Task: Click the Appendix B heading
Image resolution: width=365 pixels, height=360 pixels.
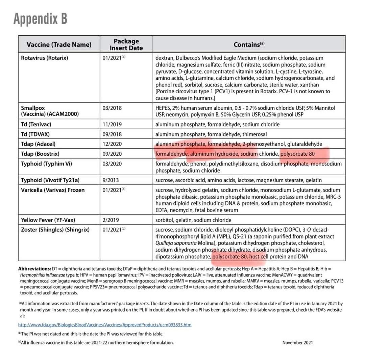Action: click(x=41, y=19)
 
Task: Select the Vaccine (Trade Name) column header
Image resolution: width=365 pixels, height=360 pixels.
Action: click(x=59, y=45)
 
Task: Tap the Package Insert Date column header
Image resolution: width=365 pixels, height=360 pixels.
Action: click(x=126, y=45)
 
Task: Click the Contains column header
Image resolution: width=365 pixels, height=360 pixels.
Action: click(x=249, y=45)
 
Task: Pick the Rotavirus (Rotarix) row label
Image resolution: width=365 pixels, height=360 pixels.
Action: click(x=44, y=58)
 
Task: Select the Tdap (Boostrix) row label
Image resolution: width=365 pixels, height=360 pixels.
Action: click(x=40, y=154)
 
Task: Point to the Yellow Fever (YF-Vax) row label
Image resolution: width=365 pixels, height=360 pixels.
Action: click(x=48, y=220)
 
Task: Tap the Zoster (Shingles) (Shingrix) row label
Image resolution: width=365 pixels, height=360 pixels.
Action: click(x=55, y=230)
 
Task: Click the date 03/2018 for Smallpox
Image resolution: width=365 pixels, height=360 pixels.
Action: click(x=112, y=108)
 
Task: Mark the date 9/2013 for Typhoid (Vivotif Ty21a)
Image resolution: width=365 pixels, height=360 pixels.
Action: click(x=111, y=180)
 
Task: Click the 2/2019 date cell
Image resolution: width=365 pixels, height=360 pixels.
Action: click(x=111, y=220)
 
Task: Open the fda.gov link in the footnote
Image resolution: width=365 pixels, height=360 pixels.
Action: click(x=105, y=325)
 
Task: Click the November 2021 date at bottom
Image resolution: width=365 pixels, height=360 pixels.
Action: click(x=297, y=342)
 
